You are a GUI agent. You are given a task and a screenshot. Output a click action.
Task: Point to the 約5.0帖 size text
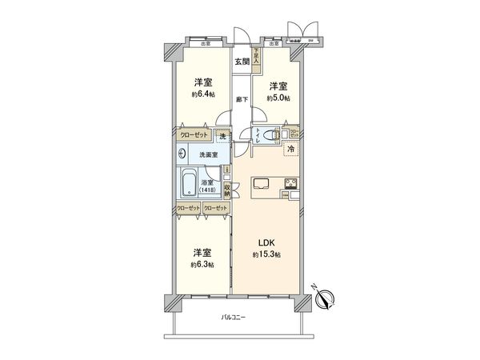point(278,98)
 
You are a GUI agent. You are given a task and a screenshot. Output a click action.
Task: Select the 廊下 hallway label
point(241,99)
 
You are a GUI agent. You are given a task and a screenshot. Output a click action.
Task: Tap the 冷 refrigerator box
point(292,150)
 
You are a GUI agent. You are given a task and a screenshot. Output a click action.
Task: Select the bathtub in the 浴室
point(190,184)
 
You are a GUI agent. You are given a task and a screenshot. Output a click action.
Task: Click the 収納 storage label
point(227,189)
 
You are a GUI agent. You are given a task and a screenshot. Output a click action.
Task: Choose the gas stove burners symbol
point(290,189)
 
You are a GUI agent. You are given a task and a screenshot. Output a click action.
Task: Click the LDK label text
point(266,244)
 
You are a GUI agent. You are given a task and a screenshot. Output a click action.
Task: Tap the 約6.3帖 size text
point(202,264)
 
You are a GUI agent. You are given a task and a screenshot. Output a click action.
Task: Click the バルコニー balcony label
point(234,318)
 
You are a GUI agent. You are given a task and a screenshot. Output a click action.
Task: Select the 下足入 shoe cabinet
point(256,58)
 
